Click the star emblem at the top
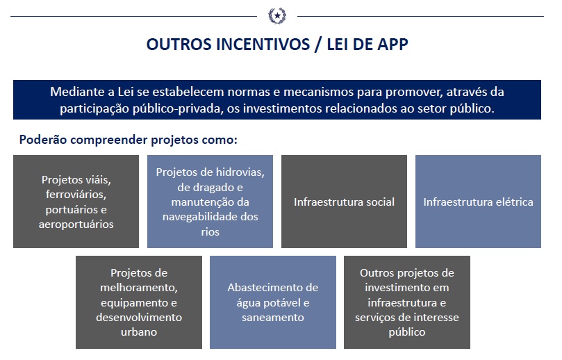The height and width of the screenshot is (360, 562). click(276, 15)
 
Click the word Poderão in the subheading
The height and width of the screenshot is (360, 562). click(42, 140)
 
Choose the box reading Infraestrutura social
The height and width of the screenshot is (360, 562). click(344, 202)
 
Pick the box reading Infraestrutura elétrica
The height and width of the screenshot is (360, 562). click(478, 202)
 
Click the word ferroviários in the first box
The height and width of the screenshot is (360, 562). click(76, 194)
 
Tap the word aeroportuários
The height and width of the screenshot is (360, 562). click(76, 224)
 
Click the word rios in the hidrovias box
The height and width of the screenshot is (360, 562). click(210, 232)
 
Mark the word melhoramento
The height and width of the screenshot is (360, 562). click(139, 288)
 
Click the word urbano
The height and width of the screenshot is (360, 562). click(139, 332)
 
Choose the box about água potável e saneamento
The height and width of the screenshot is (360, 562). click(272, 302)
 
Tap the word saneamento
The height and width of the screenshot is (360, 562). click(272, 317)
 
